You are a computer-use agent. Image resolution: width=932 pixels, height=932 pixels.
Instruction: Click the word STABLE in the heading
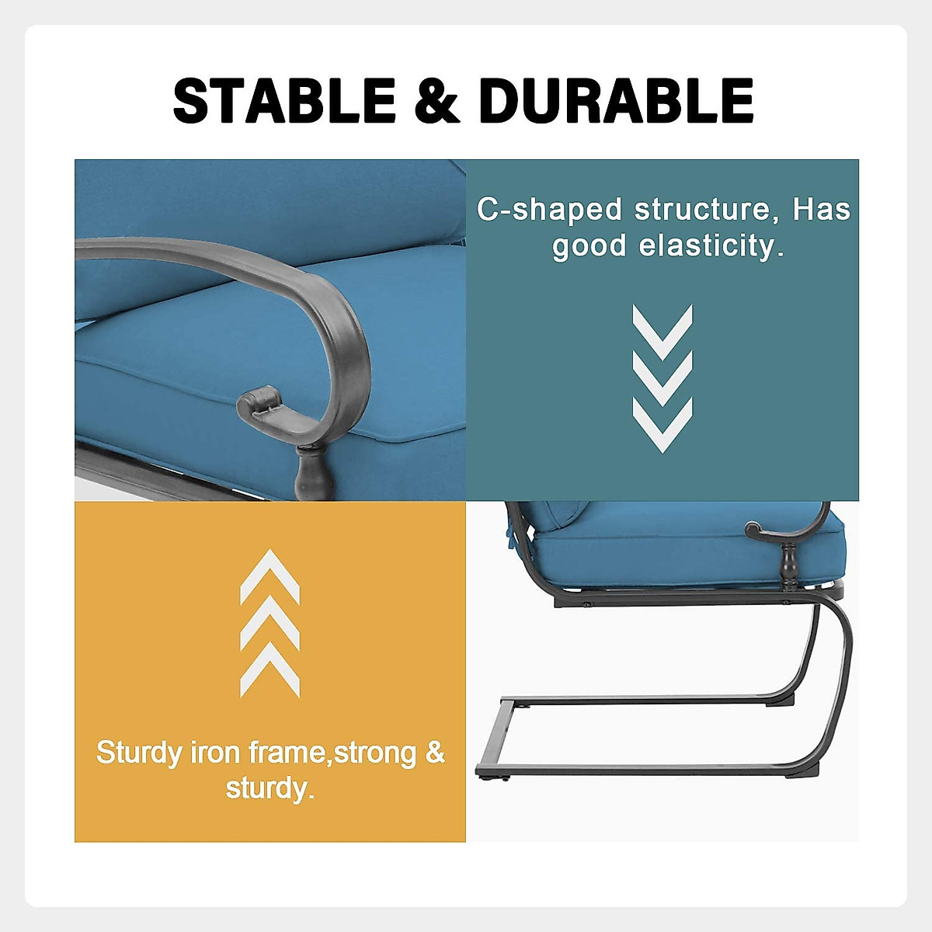(284, 102)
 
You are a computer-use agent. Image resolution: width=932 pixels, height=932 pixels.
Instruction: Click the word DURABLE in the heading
(617, 102)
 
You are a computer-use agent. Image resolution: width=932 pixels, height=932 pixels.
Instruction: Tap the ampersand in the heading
(438, 102)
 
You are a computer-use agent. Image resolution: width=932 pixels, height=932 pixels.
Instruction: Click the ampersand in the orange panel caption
(435, 753)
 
